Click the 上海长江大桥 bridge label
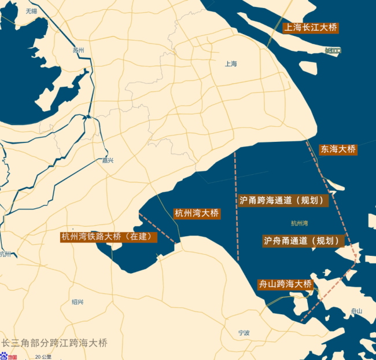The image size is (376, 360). coord(311,27)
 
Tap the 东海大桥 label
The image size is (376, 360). coord(338,149)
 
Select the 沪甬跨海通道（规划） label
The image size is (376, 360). coord(283,200)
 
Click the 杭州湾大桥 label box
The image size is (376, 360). coord(197,214)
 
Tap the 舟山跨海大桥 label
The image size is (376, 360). coord(285,284)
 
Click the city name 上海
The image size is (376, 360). coord(231,64)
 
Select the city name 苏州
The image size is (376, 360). coord(79,50)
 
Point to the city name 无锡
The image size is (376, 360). coord(31,11)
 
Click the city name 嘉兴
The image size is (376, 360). coord(108,160)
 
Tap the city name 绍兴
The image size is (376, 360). coord(78,302)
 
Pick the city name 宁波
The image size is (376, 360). coord(244,333)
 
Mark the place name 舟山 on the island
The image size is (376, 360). coord(356,311)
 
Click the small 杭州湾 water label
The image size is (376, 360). coord(300,223)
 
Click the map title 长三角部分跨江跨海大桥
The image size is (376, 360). coord(54,343)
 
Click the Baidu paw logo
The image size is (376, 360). coord(5,357)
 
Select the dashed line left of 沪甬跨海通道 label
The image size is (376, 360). coord(236,203)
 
